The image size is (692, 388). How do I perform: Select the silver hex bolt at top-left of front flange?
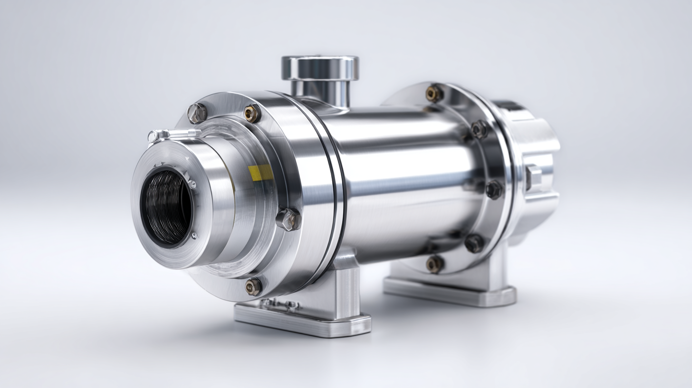coord(197,113)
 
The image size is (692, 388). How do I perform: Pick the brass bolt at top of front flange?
coord(252,113)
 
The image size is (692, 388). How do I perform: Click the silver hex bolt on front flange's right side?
coord(288,219)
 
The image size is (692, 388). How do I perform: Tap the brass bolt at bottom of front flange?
coord(253,286)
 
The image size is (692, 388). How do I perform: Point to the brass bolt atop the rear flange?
coord(433,94)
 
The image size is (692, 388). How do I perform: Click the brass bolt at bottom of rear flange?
coord(434,264)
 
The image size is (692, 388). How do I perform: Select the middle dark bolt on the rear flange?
coord(494,189)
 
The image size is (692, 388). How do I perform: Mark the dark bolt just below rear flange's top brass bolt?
coord(479,129)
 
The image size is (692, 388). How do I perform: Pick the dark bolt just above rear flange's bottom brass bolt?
coord(474,243)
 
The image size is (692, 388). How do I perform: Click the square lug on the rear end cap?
coord(533,177)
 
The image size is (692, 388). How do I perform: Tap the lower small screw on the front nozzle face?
coord(193,235)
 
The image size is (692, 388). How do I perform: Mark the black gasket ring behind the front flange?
coord(338,190)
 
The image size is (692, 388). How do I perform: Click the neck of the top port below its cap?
coord(320,93)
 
